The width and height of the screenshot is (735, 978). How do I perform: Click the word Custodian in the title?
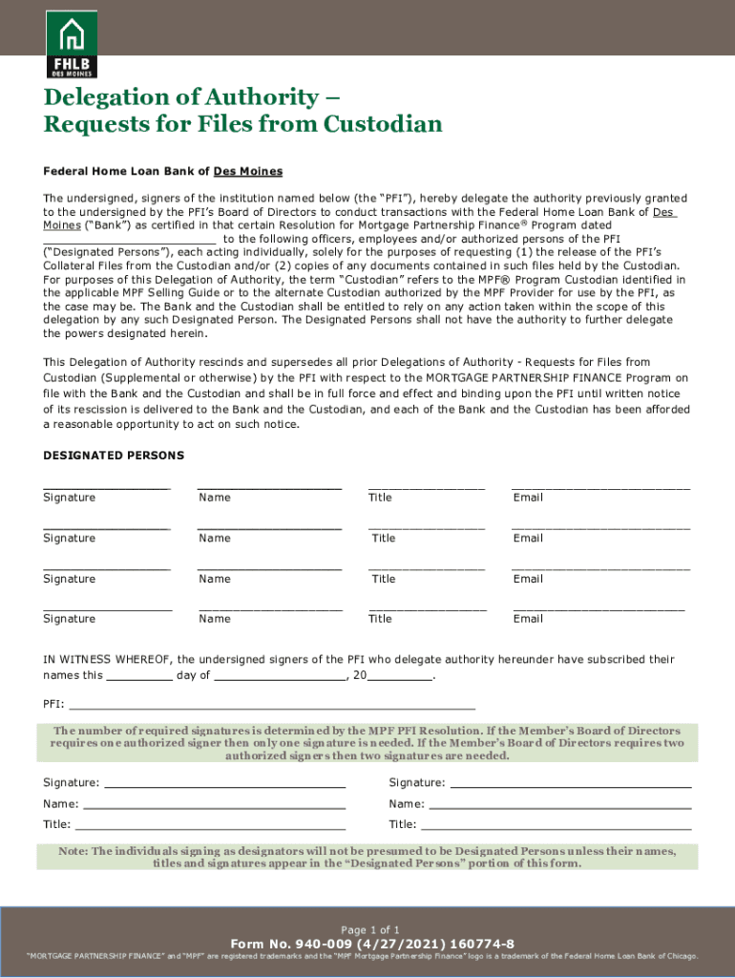click(384, 124)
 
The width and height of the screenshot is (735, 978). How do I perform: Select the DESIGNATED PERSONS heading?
click(114, 456)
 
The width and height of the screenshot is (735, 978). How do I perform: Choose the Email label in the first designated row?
click(527, 498)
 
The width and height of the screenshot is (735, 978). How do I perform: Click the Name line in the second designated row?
click(269, 527)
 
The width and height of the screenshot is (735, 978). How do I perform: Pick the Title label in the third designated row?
click(383, 579)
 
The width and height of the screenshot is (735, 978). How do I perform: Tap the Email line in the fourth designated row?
click(598, 608)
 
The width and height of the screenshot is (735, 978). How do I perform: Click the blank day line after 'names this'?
click(139, 676)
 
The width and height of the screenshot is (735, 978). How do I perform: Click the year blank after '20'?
click(400, 676)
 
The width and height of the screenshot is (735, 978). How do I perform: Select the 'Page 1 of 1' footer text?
click(371, 929)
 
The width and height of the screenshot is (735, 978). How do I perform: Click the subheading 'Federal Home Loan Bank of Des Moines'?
click(163, 172)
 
